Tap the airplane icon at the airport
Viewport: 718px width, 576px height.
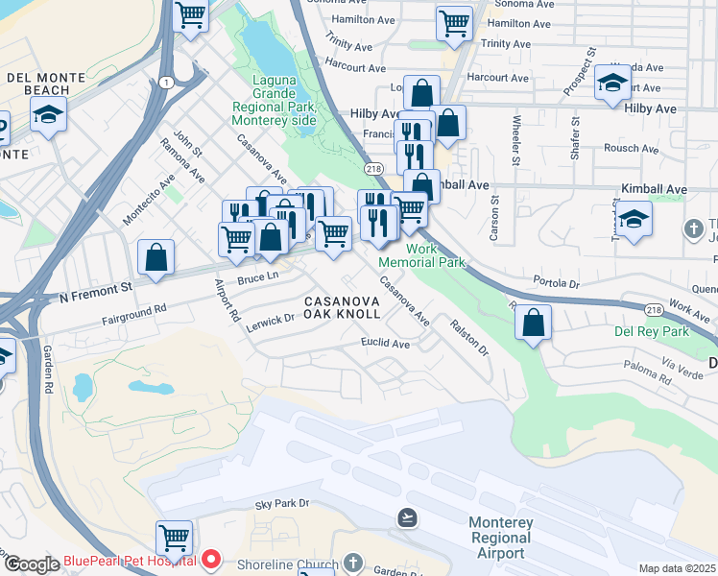click(408, 518)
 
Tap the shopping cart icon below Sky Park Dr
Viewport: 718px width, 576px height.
click(174, 538)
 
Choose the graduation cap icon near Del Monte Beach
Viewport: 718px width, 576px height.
click(48, 115)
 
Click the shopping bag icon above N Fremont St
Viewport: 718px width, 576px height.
click(156, 257)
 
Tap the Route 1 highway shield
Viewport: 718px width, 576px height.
click(167, 83)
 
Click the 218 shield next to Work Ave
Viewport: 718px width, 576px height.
click(654, 310)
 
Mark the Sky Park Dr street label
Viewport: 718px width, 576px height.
click(282, 503)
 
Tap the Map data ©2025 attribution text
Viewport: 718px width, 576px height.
click(678, 568)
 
